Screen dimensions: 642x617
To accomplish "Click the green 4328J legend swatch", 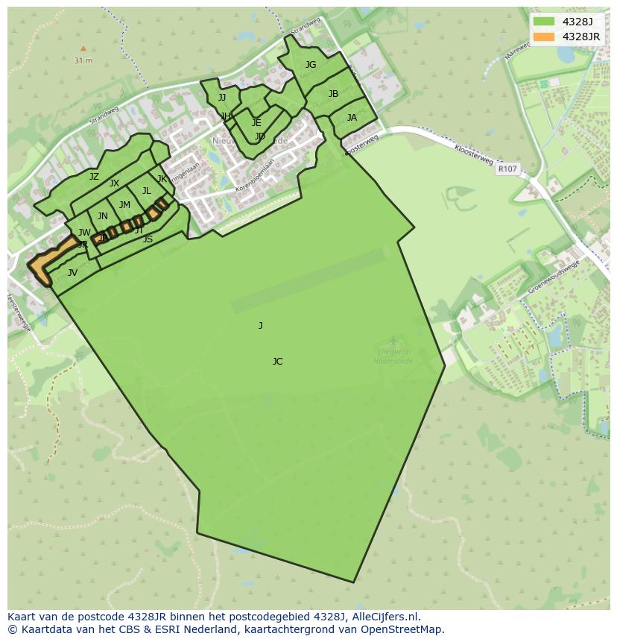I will [545, 22].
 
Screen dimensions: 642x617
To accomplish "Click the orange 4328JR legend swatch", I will [545, 37].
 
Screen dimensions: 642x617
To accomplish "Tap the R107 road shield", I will [507, 169].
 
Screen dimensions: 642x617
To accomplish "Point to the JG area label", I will [311, 65].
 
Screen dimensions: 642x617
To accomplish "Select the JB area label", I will [333, 94].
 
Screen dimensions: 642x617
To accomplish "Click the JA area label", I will [352, 118].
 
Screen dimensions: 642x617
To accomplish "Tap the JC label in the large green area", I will [277, 362].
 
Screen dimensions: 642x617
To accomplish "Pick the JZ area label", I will [94, 177].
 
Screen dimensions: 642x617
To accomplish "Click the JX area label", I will [114, 183].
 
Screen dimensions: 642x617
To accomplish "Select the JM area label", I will [124, 205].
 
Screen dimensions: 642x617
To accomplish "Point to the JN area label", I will [103, 217].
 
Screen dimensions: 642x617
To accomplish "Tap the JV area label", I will [72, 273].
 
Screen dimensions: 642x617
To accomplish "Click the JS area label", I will [148, 239].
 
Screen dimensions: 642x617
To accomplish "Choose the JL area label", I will [147, 191].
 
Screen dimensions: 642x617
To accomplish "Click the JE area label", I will [256, 123].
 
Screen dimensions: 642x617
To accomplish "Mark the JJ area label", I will [222, 98].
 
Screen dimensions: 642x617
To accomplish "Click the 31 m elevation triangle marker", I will [83, 48].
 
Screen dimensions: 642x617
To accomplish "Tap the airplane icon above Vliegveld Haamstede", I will [393, 342].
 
